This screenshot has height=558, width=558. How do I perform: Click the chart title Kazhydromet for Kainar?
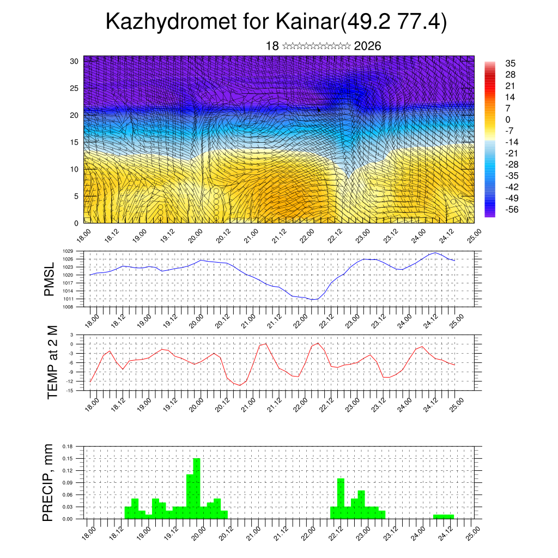[276, 22]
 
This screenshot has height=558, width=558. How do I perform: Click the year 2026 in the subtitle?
[367, 46]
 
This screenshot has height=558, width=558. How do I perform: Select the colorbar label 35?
[511, 63]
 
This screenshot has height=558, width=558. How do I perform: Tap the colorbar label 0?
[508, 119]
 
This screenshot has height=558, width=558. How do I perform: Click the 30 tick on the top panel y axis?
[75, 61]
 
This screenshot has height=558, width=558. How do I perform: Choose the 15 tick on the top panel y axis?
[75, 142]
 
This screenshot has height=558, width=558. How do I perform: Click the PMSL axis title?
[50, 279]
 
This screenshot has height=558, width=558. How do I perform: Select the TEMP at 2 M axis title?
[52, 362]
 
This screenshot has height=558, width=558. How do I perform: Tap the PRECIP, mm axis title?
[49, 482]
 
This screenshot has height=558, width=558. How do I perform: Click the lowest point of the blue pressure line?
[313, 300]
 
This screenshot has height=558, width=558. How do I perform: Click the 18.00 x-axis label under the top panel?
[83, 235]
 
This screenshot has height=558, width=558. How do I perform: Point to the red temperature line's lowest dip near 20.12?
[240, 385]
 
